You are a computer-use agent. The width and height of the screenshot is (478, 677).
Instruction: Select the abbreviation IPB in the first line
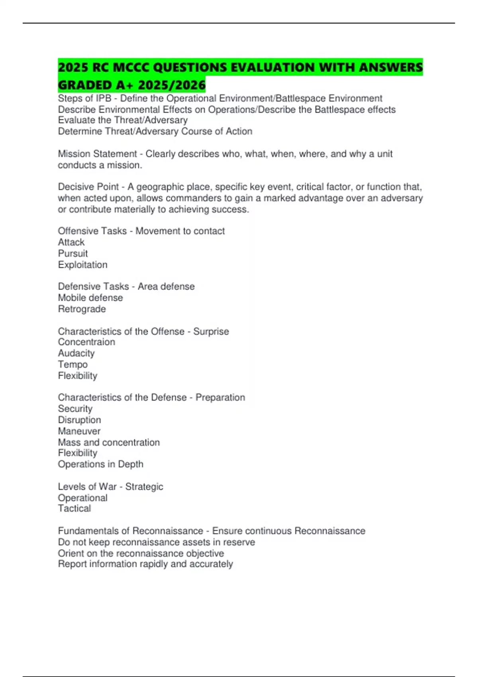[x=104, y=98]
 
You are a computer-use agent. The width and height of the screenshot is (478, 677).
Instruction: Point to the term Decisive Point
[x=88, y=187]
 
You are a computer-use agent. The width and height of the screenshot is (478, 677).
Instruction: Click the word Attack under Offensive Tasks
[x=71, y=242]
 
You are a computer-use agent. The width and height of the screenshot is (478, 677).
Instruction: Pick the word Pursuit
[x=73, y=253]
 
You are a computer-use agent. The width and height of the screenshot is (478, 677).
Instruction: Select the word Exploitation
[x=83, y=265]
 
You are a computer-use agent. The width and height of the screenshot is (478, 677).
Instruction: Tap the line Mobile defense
[x=90, y=297]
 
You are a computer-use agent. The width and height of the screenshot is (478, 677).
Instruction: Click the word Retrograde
[x=82, y=309]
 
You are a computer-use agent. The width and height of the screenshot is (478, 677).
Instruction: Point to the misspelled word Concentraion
[x=86, y=342]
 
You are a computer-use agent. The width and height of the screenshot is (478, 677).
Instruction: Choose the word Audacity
[x=76, y=353]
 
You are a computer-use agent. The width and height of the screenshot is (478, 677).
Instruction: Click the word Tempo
[x=73, y=364]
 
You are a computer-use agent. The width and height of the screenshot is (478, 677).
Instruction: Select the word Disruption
[x=80, y=420]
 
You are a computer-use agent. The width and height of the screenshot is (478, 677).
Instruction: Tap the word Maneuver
[x=79, y=431]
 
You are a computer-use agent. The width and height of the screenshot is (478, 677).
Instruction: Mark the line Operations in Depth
[x=101, y=464]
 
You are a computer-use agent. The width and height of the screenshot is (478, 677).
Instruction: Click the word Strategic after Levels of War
[x=144, y=487]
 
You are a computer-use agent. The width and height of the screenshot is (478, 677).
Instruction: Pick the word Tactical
[x=74, y=509]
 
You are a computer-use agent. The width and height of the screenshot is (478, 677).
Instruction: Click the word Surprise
[x=211, y=331]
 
